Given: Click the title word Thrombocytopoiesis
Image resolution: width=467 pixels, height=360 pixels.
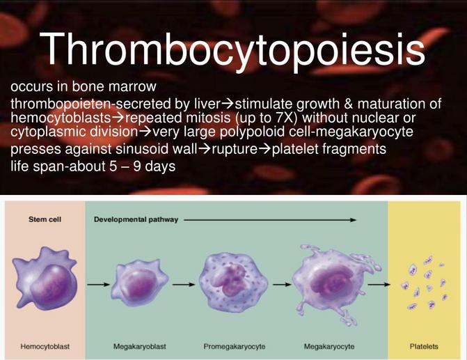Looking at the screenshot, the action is pos(232,49).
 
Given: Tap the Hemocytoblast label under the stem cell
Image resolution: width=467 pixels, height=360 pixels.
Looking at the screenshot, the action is pos(45,347).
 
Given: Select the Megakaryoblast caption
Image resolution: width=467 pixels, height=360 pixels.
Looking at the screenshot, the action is pos(140,347).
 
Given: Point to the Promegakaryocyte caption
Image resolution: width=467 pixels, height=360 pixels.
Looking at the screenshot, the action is pos(235,347).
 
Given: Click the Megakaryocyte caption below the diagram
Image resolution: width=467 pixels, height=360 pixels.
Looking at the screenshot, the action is pos(329,347).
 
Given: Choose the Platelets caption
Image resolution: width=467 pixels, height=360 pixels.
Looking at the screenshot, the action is pos(424,347).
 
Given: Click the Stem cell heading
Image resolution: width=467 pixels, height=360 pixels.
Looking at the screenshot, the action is pos(45,219).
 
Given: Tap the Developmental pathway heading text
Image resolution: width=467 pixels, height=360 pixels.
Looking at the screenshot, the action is pos(136,219).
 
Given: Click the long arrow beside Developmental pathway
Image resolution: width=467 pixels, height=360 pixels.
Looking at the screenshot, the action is pos(270,220).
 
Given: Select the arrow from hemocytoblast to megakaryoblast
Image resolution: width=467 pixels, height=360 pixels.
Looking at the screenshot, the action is pos(98,285).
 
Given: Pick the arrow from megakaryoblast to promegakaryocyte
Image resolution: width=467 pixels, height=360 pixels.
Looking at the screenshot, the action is pos(184,285).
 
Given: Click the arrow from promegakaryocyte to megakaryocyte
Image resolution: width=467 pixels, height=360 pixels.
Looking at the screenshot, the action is pos(282,285).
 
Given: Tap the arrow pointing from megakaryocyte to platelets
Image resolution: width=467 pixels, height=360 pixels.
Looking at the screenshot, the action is pos(379,285).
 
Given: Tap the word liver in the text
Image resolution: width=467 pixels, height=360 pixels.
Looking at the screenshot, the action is pos(207,104).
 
